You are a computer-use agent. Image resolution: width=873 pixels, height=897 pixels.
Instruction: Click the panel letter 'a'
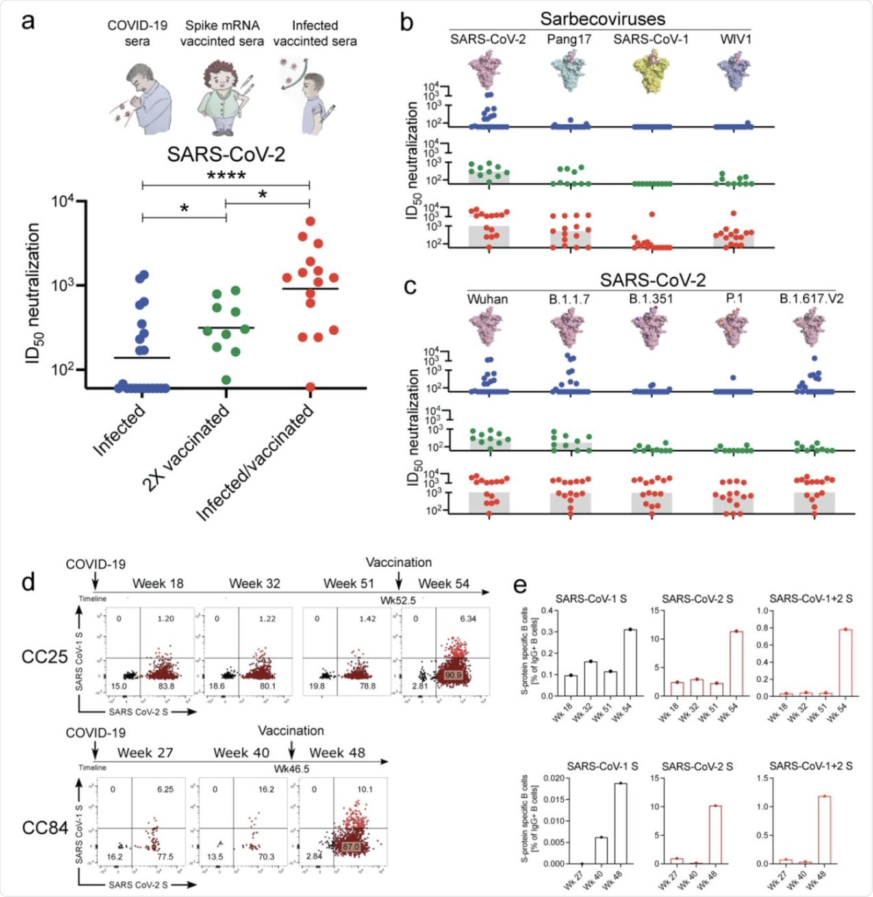pyautogui.click(x=27, y=21)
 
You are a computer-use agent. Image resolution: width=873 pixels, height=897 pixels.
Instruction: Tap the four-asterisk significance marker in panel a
pyautogui.click(x=226, y=175)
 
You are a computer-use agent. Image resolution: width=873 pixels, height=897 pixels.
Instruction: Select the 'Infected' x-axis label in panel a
pyautogui.click(x=120, y=430)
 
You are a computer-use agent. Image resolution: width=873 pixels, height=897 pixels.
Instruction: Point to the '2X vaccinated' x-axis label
pyautogui.click(x=186, y=447)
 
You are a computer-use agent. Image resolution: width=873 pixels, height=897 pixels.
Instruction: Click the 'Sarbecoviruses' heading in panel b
pyautogui.click(x=602, y=19)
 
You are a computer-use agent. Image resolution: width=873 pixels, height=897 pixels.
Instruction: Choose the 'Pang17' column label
pyautogui.click(x=569, y=39)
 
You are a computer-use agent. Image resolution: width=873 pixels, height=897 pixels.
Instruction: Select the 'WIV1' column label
pyautogui.click(x=735, y=39)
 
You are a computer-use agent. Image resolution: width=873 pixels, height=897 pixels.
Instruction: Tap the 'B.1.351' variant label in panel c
pyautogui.click(x=651, y=299)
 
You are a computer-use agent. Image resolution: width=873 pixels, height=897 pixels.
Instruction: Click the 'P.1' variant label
pyautogui.click(x=734, y=298)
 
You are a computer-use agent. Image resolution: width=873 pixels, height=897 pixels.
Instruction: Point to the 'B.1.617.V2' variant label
pyautogui.click(x=811, y=298)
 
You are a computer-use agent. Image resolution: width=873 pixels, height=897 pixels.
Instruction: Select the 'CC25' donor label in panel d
pyautogui.click(x=45, y=656)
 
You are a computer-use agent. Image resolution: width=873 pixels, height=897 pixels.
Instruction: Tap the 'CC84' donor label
pyautogui.click(x=45, y=828)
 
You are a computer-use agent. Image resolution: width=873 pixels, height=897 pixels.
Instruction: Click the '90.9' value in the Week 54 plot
pyautogui.click(x=453, y=675)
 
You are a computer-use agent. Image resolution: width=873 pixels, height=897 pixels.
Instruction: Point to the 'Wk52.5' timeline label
pyautogui.click(x=398, y=600)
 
